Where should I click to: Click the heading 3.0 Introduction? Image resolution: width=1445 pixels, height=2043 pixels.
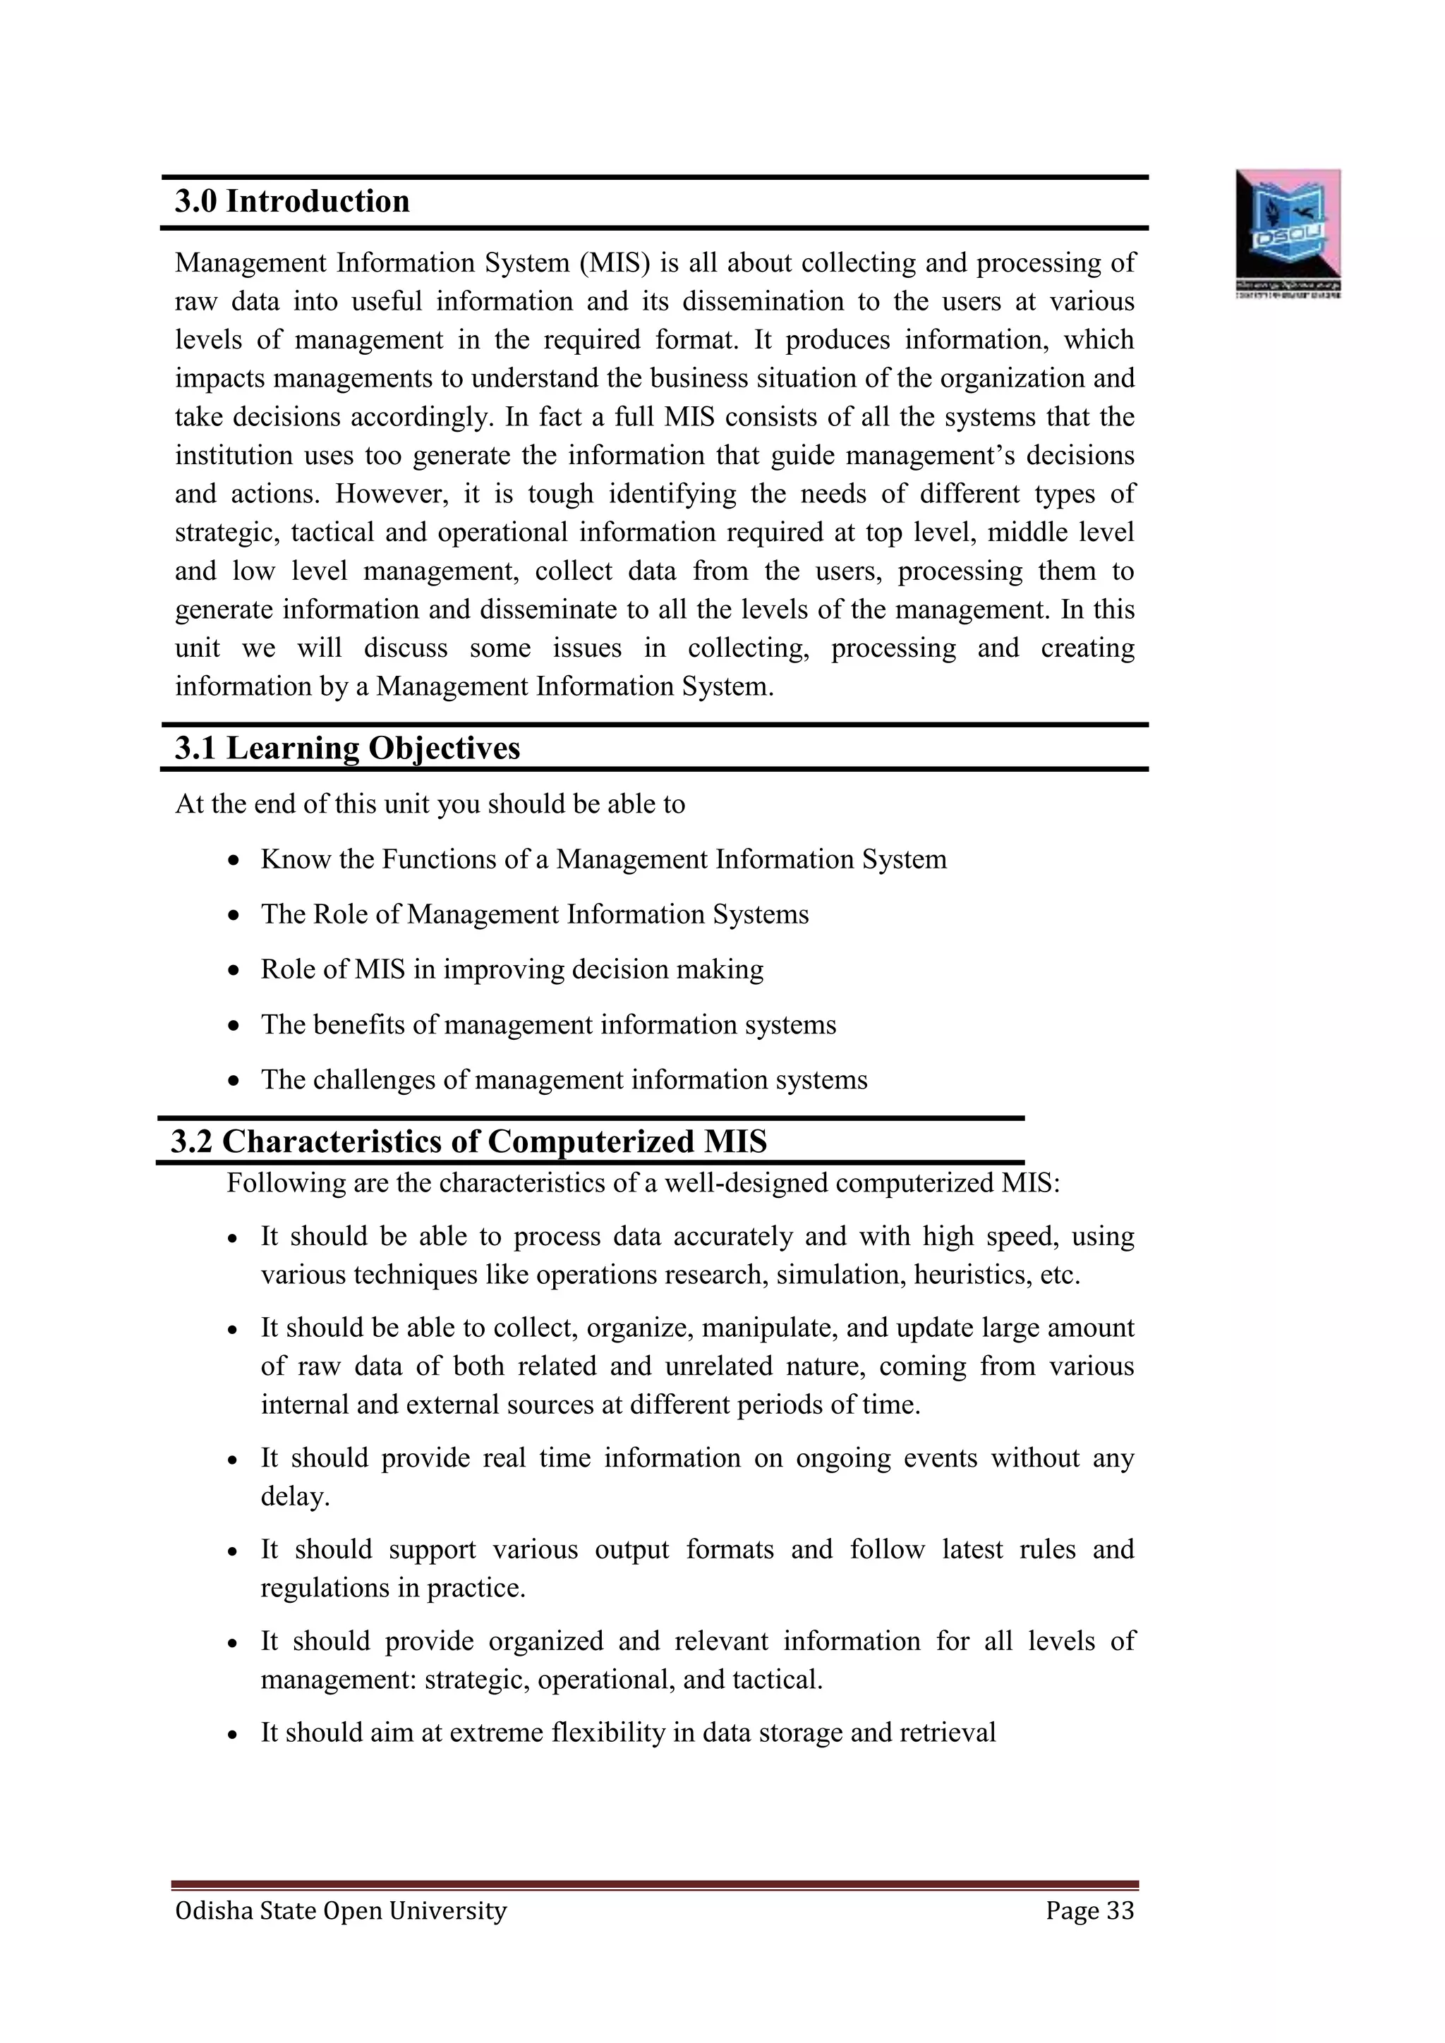click(292, 202)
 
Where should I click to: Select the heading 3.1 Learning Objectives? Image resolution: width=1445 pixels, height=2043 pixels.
click(347, 748)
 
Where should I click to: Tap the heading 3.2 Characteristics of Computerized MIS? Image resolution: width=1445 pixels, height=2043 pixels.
click(468, 1141)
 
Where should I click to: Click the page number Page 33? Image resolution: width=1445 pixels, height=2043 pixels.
click(1089, 1910)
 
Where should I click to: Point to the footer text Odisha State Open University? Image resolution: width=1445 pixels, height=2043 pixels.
click(341, 1910)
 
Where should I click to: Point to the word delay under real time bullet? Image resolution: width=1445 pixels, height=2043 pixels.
click(294, 1497)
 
